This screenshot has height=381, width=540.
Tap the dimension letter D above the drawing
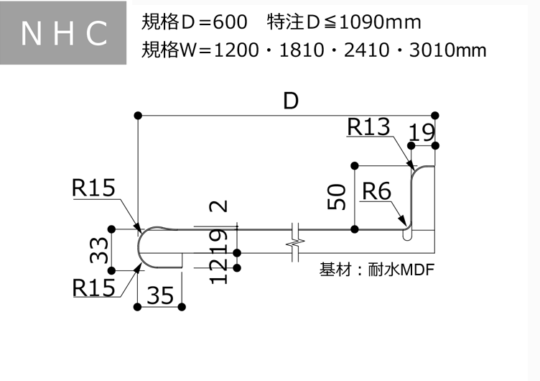[290, 101]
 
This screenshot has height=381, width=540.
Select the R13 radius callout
[368, 127]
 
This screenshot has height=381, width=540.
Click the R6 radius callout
[376, 192]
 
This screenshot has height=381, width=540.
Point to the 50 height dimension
[337, 196]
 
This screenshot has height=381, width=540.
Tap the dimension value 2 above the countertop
[221, 206]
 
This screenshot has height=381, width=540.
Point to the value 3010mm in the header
[451, 50]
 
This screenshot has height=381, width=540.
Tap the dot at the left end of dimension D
[137, 115]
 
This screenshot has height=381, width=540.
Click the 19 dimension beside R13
[422, 132]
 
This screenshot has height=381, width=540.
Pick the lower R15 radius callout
[93, 287]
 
